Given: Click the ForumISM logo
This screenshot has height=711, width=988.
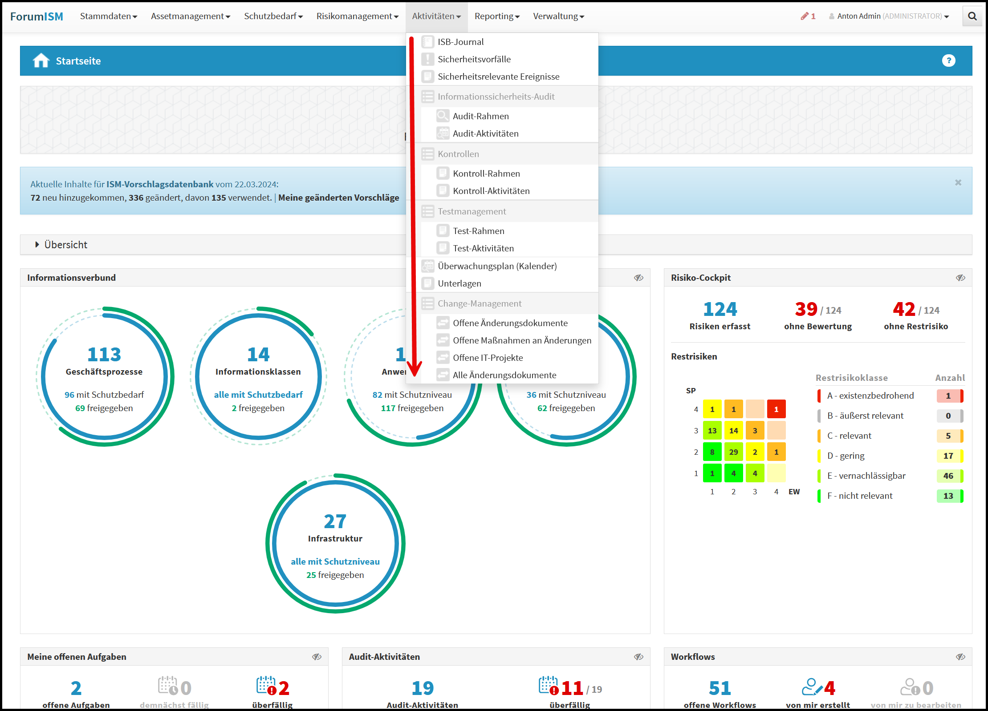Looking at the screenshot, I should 37,16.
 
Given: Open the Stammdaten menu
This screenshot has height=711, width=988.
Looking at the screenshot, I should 108,16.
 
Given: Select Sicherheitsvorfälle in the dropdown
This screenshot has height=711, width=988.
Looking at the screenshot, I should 474,59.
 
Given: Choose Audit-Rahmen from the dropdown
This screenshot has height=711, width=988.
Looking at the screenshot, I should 480,116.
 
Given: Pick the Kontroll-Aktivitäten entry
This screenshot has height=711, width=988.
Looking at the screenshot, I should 491,191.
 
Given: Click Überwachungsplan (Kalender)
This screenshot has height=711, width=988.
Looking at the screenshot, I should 497,266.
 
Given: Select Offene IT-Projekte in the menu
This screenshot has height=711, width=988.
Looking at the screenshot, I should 488,358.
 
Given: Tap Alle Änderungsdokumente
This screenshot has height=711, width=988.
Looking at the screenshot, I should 504,375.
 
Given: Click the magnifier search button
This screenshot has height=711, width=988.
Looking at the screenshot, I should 972,16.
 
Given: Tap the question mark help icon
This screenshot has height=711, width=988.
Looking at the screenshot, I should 948,61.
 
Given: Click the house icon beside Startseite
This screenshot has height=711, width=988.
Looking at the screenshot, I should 41,61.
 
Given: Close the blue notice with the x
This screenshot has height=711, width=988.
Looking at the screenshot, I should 958,182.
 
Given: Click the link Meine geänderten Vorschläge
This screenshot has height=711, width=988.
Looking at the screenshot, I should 338,198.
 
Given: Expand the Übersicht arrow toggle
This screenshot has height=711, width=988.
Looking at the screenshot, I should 37,245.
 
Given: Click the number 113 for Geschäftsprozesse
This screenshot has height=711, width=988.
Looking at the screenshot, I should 104,355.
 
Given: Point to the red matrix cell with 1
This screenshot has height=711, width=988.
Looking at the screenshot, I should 776,409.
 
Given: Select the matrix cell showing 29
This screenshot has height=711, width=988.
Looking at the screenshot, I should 733,452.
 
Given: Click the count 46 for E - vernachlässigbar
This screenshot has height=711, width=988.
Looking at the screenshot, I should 948,476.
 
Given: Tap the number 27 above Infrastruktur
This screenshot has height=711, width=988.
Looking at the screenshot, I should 335,521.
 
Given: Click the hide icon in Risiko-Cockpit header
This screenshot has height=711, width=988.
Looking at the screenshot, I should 960,278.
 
